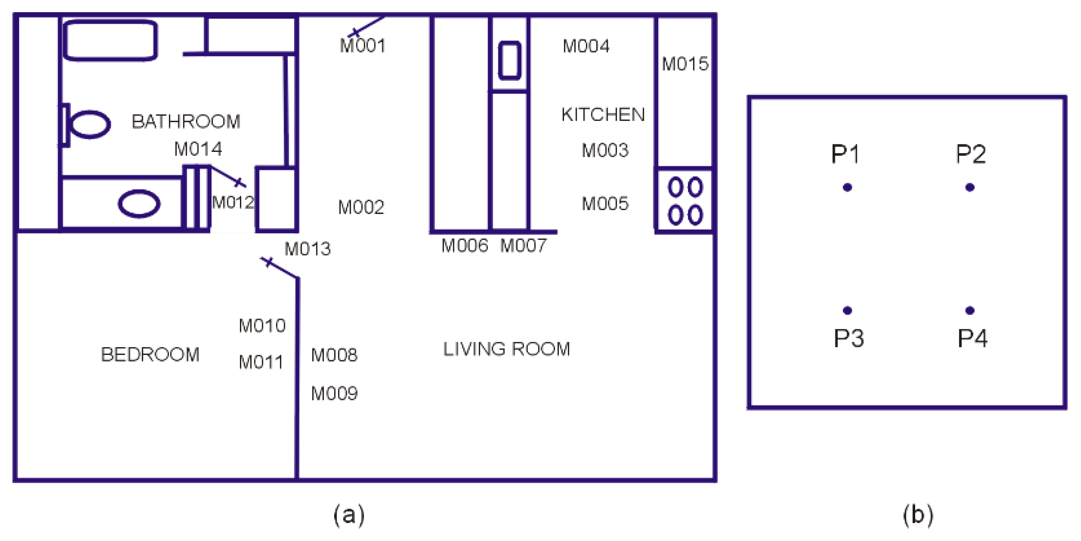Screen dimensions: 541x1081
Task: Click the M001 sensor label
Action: [x=363, y=46]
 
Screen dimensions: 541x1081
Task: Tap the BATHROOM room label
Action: [x=186, y=122]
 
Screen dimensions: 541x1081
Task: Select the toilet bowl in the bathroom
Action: [x=89, y=124]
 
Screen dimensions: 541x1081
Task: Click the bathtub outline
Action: [x=110, y=40]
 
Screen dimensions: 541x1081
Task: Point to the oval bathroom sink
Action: [x=139, y=204]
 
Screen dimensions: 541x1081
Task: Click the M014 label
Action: [x=198, y=149]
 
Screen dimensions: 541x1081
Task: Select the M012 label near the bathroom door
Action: [x=233, y=202]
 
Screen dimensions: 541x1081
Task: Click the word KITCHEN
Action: [x=603, y=115]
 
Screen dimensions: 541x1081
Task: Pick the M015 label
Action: [x=685, y=64]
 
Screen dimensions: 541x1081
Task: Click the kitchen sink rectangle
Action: [x=509, y=60]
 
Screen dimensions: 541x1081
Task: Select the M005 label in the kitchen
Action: [x=605, y=204]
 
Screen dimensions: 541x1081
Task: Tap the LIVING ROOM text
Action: [x=506, y=349]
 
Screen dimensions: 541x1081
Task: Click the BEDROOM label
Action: [x=150, y=355]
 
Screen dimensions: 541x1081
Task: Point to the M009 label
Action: [x=334, y=394]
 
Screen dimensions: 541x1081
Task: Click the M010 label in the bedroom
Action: [x=262, y=325]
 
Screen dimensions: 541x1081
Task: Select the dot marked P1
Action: [x=847, y=187]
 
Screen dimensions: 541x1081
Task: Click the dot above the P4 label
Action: [x=970, y=310]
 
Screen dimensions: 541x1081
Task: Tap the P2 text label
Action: [x=971, y=154]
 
